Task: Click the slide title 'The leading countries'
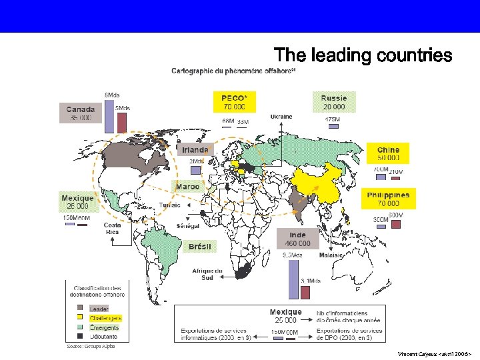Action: click(363, 55)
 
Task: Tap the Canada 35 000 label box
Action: click(81, 113)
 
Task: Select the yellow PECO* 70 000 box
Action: click(234, 101)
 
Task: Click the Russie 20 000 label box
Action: click(334, 101)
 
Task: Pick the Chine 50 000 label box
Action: click(389, 154)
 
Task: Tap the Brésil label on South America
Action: click(200, 247)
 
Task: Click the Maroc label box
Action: click(188, 187)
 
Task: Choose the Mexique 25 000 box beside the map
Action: click(78, 202)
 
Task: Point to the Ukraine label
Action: click(281, 117)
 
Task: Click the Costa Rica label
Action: click(112, 228)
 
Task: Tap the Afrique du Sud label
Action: click(207, 274)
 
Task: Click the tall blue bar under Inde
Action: click(292, 279)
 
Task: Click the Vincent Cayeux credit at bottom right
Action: click(434, 353)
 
